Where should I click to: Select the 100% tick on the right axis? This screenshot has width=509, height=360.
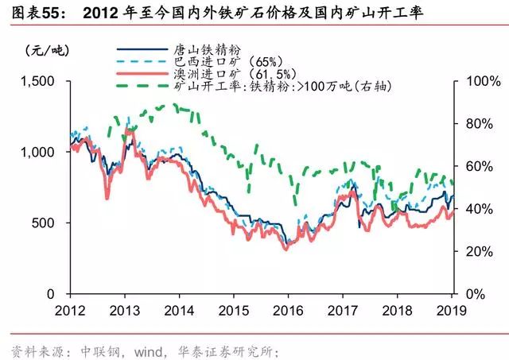(472, 81)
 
